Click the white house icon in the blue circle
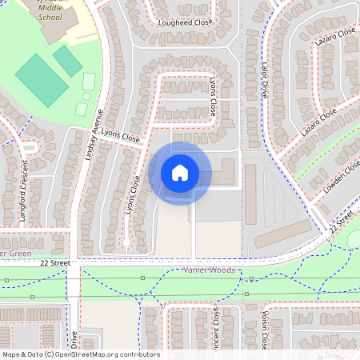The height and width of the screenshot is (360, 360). point(180,173)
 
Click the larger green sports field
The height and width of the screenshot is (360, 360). point(42,78)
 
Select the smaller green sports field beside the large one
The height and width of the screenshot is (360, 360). point(67,61)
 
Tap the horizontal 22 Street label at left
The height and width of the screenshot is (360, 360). point(55,262)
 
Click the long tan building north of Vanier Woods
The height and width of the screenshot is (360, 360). point(282,233)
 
